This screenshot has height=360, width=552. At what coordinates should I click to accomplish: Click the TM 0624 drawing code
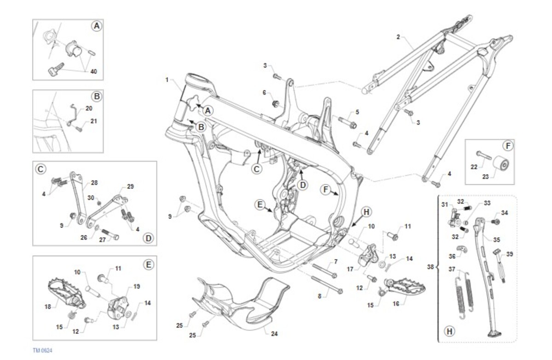pyautogui.click(x=43, y=350)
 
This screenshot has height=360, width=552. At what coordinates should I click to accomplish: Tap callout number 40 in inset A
pyautogui.click(x=94, y=71)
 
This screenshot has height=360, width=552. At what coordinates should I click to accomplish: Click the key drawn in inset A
pyautogui.click(x=56, y=69)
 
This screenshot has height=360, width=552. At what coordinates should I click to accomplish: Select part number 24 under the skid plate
pyautogui.click(x=274, y=334)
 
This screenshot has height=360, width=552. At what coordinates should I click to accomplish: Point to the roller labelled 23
pyautogui.click(x=501, y=165)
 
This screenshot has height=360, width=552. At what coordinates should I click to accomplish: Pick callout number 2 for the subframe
pyautogui.click(x=398, y=37)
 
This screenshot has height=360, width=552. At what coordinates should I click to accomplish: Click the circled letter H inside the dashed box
pyautogui.click(x=449, y=331)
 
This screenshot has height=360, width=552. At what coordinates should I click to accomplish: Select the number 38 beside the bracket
pyautogui.click(x=430, y=267)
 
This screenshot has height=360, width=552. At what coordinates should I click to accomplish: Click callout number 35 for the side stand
pyautogui.click(x=496, y=240)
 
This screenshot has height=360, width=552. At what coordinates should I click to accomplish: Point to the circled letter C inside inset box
pyautogui.click(x=40, y=169)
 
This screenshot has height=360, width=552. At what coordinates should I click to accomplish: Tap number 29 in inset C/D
pyautogui.click(x=130, y=186)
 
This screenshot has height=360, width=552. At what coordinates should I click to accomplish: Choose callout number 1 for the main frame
pyautogui.click(x=167, y=80)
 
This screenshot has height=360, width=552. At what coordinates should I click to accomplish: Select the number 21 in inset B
pyautogui.click(x=94, y=121)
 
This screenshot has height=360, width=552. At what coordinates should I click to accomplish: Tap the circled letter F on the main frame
pyautogui.click(x=326, y=189)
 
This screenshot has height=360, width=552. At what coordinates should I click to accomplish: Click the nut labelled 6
pyautogui.click(x=275, y=103)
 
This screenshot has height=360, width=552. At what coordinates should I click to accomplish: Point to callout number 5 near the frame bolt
pyautogui.click(x=357, y=112)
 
